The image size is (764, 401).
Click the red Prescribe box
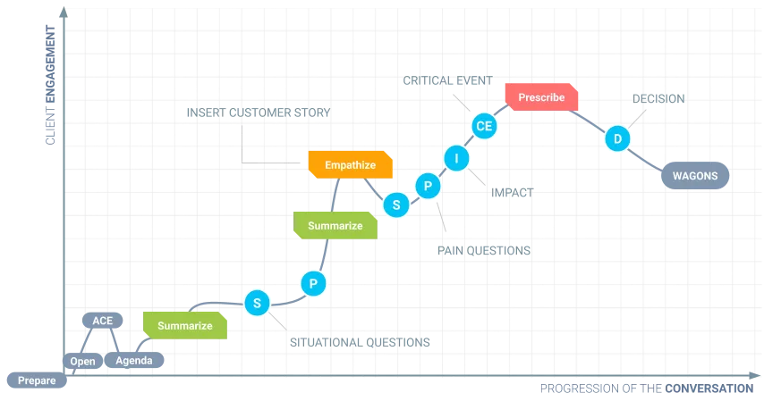pos(541,96)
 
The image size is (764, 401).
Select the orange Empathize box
pos(351,164)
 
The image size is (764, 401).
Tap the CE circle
pos(484,126)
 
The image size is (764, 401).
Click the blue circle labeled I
pos(456,158)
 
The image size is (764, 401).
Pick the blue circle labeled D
pos(617,138)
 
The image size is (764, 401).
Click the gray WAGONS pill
pos(695,176)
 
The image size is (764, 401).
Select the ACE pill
pos(102,321)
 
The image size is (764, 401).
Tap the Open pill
pos(83,361)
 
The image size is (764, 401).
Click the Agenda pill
pos(134,360)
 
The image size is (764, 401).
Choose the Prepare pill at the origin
pos(37,380)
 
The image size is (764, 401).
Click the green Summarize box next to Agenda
pos(185,326)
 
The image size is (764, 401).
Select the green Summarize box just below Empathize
pos(335,225)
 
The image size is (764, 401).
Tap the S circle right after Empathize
pos(396,205)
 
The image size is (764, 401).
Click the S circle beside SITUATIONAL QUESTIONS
pos(257,303)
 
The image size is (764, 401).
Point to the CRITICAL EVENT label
pos(448,80)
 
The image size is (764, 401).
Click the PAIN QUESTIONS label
pos(484,251)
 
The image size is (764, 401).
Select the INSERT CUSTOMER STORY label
pos(259,113)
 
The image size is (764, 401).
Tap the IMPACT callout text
pos(512,193)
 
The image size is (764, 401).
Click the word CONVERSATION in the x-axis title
pos(709,388)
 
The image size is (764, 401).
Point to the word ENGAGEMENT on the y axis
pos(50,64)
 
